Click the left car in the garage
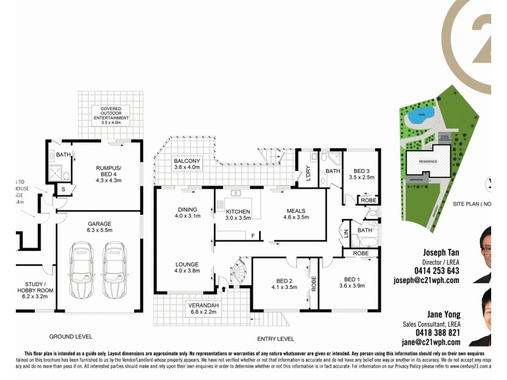pos(82,272)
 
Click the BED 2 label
pos(284,283)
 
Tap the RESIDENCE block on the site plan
pos(431,161)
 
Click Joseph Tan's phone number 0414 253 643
pos(436,270)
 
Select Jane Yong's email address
pos(431,342)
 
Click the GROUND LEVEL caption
pos(71,336)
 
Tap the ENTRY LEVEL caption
pos(276,338)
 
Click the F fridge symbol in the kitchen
pos(253,236)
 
